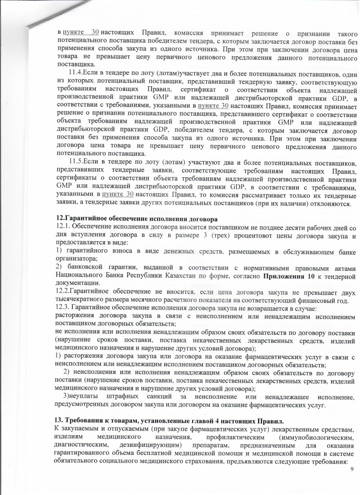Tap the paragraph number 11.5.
tap(76, 162)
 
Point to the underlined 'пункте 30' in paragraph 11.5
tap(118, 194)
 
